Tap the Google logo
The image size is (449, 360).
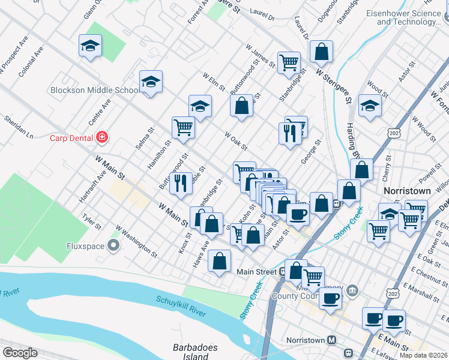pyautogui.click(x=20, y=353)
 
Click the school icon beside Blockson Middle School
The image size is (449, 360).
pyautogui.click(x=151, y=83)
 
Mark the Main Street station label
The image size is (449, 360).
pyautogui.click(x=256, y=271)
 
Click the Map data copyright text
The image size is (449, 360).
pyautogui.click(x=423, y=355)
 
